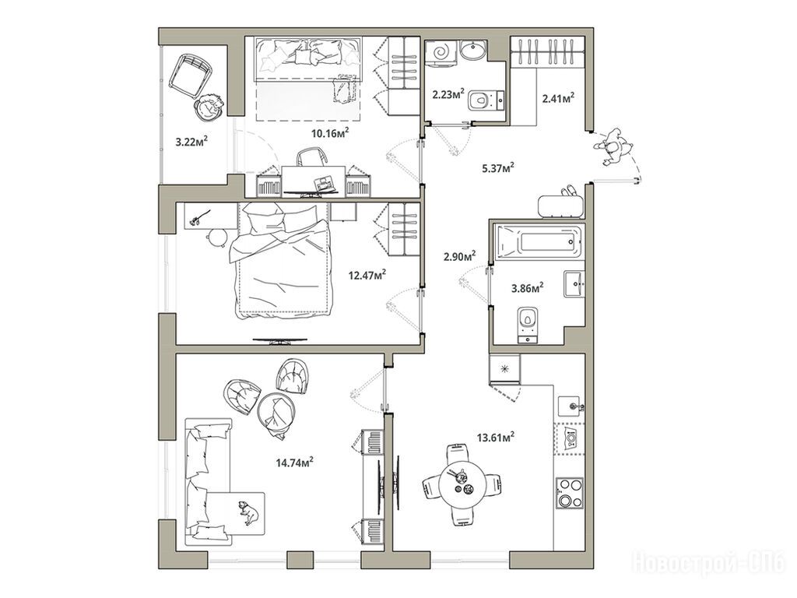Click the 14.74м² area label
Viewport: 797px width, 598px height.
pos(294,463)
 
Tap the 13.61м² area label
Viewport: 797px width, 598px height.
pos(496,437)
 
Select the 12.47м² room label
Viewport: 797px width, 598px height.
pos(367,275)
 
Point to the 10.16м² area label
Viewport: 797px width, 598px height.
pos(330,133)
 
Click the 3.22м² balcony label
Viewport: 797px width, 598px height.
pos(193,142)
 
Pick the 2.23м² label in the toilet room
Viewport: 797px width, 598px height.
pos(449,93)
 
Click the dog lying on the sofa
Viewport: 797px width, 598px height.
pos(249,512)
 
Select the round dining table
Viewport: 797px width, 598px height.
pos(462,486)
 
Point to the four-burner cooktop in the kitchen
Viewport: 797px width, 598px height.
pos(571,492)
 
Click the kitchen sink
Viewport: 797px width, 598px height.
pos(572,406)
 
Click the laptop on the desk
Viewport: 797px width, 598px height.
pos(323,182)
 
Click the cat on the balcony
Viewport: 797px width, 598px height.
pos(209,107)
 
